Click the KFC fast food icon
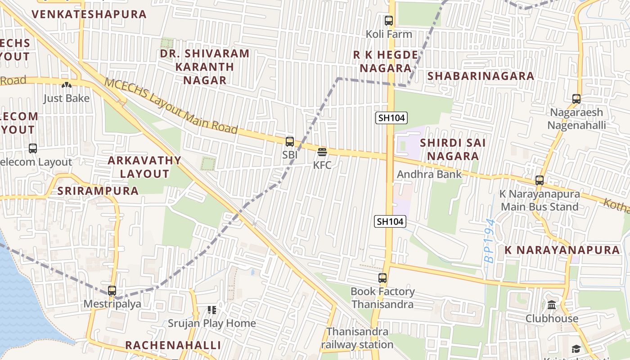(x=322, y=152)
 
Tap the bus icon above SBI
(x=290, y=142)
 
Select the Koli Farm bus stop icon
(x=389, y=21)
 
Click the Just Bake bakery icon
(x=67, y=85)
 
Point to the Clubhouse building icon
(x=552, y=305)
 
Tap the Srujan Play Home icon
(x=211, y=310)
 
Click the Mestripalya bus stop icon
(x=112, y=291)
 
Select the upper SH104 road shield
(x=391, y=118)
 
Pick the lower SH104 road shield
(x=390, y=221)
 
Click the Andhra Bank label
(x=429, y=174)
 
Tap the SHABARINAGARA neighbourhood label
(x=481, y=76)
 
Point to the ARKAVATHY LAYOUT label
(x=144, y=167)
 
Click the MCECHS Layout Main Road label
(x=171, y=107)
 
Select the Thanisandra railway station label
(x=357, y=338)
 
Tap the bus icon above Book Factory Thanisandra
(x=382, y=278)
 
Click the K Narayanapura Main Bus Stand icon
(x=540, y=180)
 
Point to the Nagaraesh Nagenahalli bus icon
(x=576, y=99)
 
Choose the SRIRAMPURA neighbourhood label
(x=98, y=191)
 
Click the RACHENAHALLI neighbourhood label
(x=173, y=345)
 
